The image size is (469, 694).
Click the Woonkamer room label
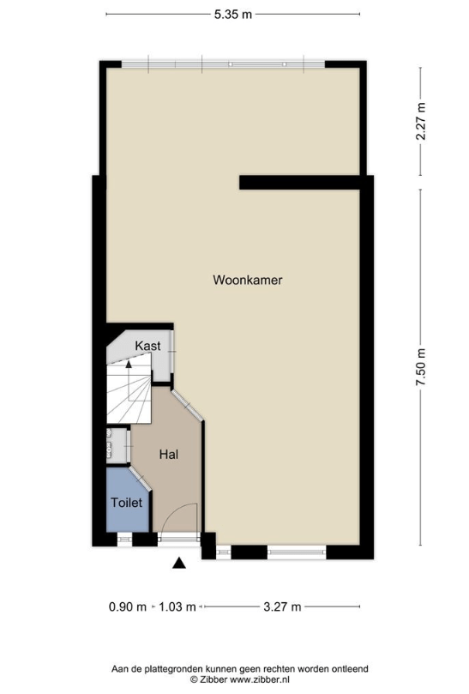tap(247, 280)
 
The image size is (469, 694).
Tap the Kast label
tap(147, 346)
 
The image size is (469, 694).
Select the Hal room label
tap(169, 454)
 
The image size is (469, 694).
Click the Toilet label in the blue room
tap(127, 503)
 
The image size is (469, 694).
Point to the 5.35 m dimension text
tap(233, 15)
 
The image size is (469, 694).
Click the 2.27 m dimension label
tap(421, 121)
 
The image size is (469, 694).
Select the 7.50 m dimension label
tap(421, 367)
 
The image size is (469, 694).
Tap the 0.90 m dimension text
tap(128, 606)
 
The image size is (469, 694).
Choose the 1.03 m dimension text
tap(177, 606)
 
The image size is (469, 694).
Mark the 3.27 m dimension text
tap(282, 606)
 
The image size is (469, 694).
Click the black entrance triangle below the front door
tap(178, 563)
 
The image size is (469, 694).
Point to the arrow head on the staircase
tap(129, 365)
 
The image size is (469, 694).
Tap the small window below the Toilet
tap(124, 539)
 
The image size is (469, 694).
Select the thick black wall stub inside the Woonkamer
tap(299, 183)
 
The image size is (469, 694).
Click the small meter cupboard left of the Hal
tap(117, 446)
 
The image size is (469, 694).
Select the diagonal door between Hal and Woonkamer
tap(188, 405)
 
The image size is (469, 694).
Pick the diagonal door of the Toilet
tap(141, 478)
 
